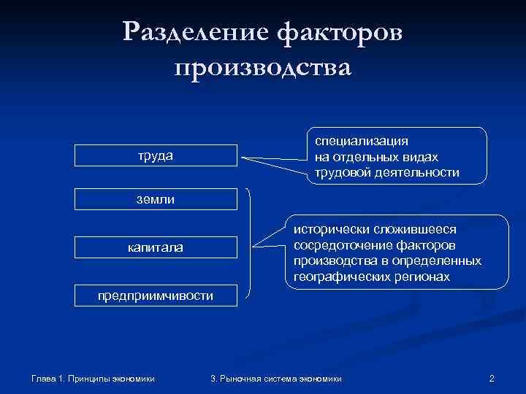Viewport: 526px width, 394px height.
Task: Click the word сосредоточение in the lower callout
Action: (x=339, y=245)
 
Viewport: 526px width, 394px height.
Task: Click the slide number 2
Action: (x=492, y=378)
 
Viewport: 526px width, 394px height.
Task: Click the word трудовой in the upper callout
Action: (x=340, y=173)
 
